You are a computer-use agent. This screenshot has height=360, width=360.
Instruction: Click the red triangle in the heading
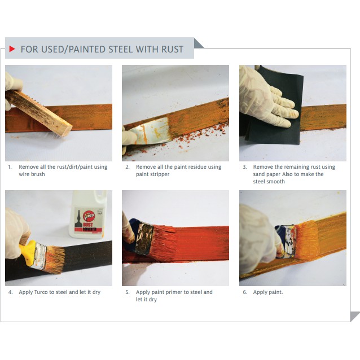point(12,49)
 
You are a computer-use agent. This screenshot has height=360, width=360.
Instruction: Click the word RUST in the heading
point(172,49)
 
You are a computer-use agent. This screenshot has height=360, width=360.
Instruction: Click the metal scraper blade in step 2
point(151,131)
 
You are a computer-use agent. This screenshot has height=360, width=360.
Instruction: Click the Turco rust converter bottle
point(88,214)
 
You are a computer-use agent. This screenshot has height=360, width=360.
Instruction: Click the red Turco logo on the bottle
point(89,216)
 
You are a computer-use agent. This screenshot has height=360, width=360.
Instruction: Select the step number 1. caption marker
point(10,167)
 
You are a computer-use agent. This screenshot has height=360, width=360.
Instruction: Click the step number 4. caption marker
point(10,292)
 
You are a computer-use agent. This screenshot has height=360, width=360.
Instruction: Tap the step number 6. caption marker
point(245,292)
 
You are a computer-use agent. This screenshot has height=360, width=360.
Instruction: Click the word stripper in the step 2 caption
point(160,174)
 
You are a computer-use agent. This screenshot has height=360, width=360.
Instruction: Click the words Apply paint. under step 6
point(268,292)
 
